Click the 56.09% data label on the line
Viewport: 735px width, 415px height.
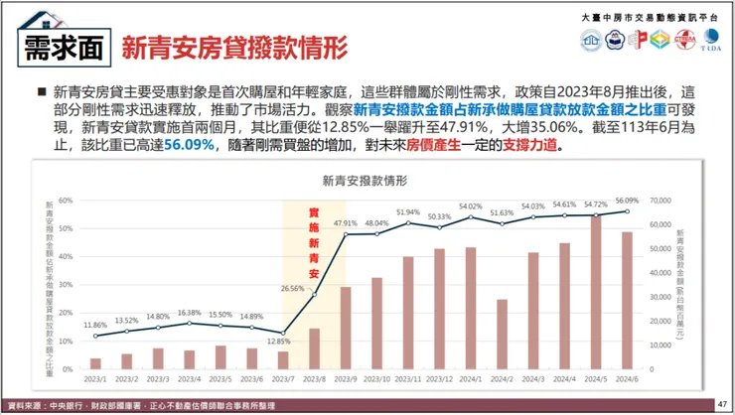coord(627,200)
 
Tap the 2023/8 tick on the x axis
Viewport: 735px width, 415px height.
coord(314,378)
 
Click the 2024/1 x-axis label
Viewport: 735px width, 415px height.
coord(471,378)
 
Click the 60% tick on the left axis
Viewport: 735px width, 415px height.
coord(67,200)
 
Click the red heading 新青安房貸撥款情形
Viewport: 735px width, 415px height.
coord(234,46)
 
